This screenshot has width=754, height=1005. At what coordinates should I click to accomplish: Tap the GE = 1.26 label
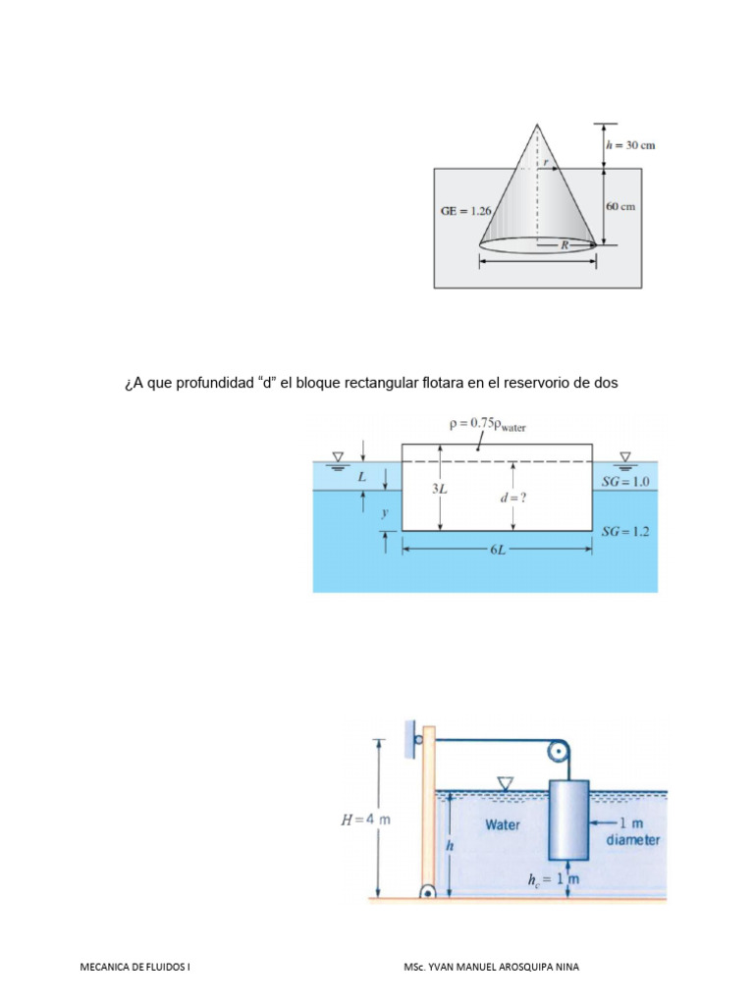coord(463,209)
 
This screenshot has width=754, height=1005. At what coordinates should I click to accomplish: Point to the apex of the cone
coord(536,125)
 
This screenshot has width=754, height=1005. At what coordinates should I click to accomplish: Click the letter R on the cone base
coord(565,245)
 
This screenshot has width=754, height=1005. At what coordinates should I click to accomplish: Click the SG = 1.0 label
coord(628,482)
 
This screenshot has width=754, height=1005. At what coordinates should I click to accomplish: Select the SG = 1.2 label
coord(628,531)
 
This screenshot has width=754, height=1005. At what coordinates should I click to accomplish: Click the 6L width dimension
coord(497,551)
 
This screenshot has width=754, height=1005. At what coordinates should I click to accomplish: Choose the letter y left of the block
coord(385,513)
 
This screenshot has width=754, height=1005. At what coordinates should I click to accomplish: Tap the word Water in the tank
coord(503,824)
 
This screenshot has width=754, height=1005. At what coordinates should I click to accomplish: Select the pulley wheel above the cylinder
coord(559,753)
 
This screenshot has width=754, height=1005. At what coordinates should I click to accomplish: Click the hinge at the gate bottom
coord(428,892)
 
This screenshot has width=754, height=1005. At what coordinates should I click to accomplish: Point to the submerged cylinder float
coord(568,820)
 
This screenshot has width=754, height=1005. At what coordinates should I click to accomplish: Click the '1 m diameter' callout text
coord(632,831)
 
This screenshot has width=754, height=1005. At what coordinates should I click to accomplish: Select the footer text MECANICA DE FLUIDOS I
coord(135,967)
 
